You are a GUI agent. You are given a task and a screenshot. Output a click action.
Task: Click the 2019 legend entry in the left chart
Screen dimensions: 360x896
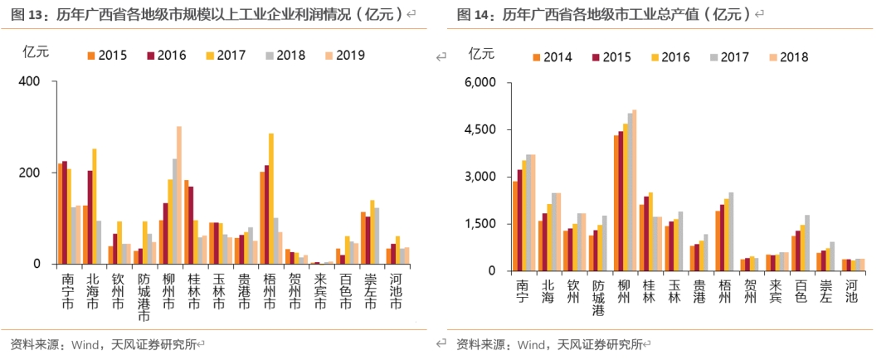click(x=343, y=56)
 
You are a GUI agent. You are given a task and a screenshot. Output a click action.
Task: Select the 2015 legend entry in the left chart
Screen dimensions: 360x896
click(x=106, y=56)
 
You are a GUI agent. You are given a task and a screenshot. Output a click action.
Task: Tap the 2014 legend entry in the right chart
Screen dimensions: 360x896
click(x=551, y=57)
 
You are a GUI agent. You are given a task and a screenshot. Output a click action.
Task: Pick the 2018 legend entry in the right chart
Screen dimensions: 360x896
click(x=787, y=57)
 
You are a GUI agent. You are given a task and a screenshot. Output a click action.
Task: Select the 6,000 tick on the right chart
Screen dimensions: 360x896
click(x=480, y=83)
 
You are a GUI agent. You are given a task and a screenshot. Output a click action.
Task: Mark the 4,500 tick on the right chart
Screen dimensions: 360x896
click(x=480, y=130)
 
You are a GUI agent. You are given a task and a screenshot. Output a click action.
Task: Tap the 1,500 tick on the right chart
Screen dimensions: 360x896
click(x=480, y=224)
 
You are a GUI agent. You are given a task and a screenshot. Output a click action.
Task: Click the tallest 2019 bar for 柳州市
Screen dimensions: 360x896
click(x=178, y=195)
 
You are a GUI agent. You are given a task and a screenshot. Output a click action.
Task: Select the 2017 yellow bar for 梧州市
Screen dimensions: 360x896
click(x=271, y=199)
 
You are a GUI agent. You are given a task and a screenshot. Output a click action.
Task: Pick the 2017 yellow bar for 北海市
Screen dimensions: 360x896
click(x=95, y=207)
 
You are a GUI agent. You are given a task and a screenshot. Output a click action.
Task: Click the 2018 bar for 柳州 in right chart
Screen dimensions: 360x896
click(x=635, y=190)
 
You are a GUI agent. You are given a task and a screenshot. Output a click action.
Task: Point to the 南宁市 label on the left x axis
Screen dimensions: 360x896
click(x=67, y=293)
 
